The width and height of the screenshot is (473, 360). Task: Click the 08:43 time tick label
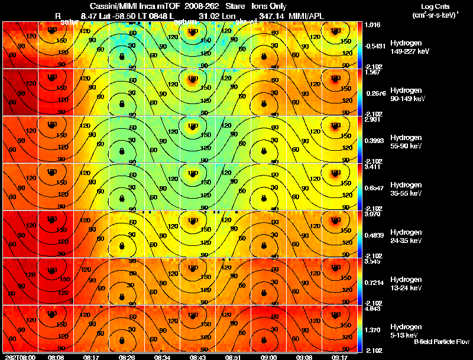[198, 357]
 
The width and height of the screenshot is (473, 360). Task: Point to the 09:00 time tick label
[269, 357]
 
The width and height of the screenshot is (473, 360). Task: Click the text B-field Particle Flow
[441, 342]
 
